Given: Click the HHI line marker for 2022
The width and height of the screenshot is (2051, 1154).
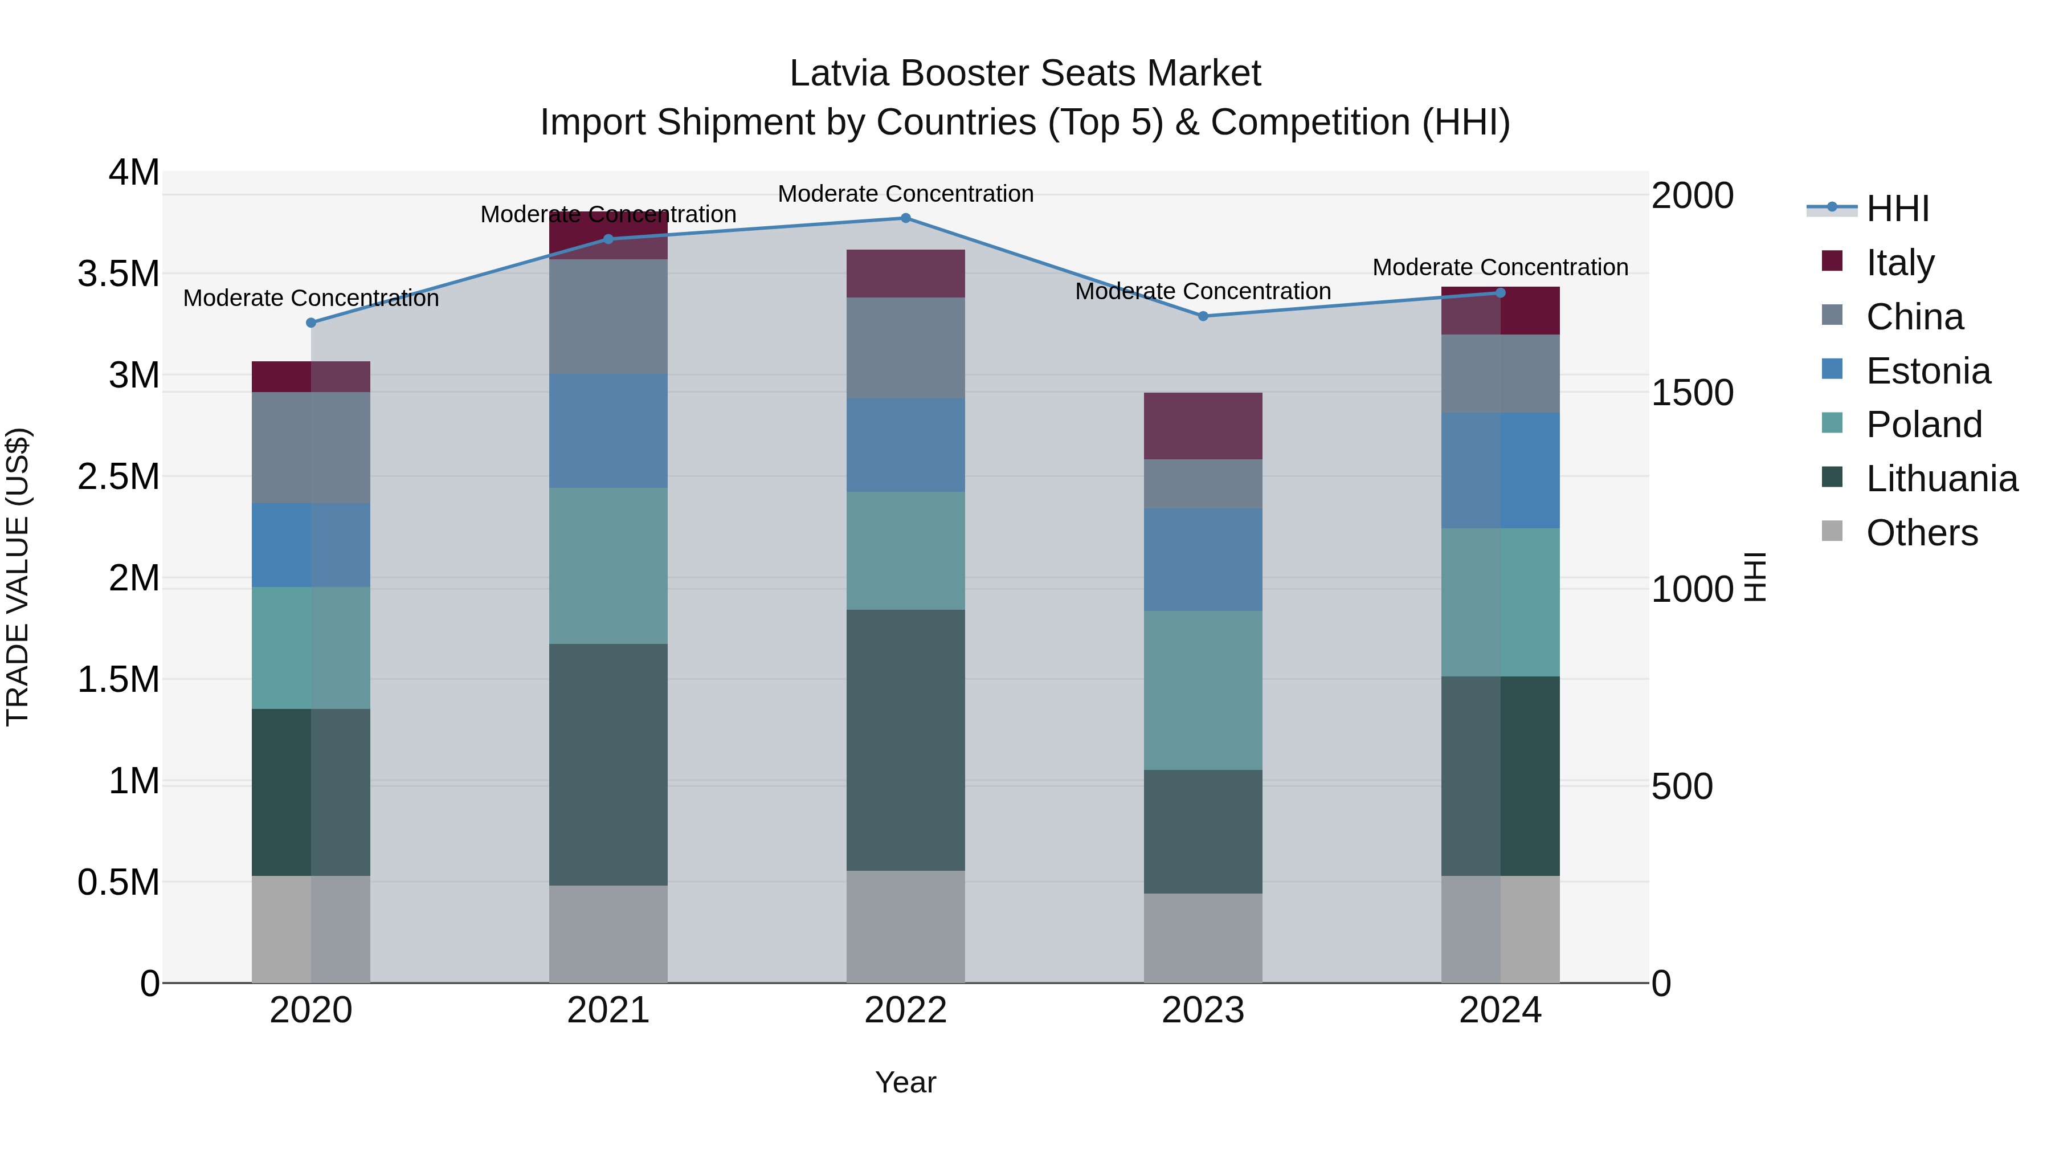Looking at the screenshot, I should [x=905, y=218].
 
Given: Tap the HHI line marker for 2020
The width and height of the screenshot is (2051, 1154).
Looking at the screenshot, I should [x=311, y=323].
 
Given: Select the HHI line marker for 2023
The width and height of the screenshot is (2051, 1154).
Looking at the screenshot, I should [x=1203, y=316].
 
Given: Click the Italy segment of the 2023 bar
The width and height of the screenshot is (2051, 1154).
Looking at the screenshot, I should [x=1203, y=426].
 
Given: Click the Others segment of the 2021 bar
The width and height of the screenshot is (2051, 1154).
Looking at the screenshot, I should [x=608, y=933].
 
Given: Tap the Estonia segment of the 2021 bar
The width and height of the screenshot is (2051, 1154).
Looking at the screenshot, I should [x=608, y=431].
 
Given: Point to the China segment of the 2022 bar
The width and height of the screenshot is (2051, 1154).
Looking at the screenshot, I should [x=905, y=348].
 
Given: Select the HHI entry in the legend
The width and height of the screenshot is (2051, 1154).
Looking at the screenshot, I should [x=1897, y=209].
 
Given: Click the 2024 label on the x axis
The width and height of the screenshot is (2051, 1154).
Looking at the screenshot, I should [x=1500, y=1010].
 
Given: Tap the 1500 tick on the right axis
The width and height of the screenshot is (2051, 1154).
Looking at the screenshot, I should [x=1693, y=393].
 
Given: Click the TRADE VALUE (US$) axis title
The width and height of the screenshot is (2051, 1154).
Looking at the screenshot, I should [x=18, y=577].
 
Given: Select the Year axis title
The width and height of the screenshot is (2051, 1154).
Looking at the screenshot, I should [x=905, y=1082].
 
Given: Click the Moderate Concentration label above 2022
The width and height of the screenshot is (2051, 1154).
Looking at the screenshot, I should [x=905, y=194].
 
